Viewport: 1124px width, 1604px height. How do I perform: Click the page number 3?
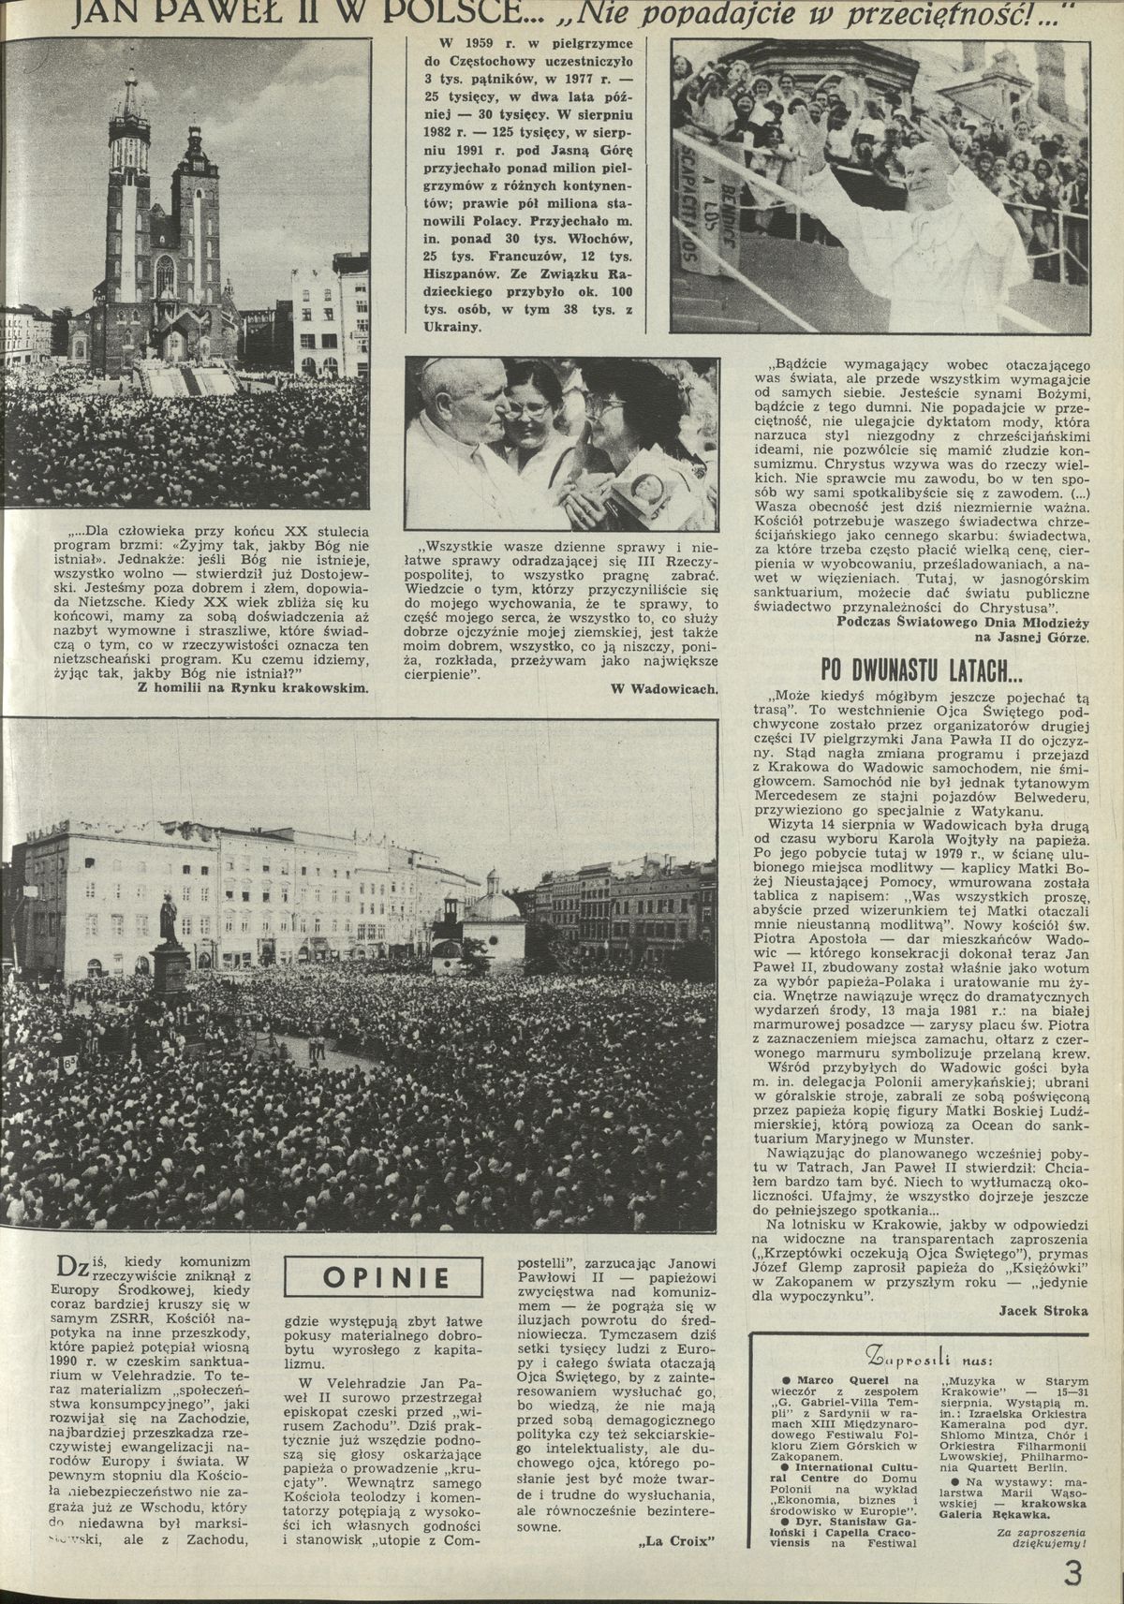[1072, 1573]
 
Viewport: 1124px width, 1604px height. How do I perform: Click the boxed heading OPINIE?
[384, 1277]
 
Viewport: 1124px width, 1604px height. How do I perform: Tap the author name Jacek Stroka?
[1043, 1310]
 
